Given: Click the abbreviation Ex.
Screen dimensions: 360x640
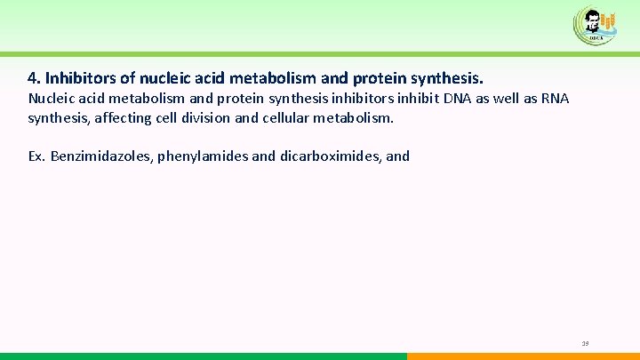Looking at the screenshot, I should pyautogui.click(x=36, y=156).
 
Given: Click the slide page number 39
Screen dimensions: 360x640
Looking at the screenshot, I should pyautogui.click(x=585, y=343).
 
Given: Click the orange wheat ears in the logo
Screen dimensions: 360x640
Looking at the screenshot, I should pyautogui.click(x=608, y=20).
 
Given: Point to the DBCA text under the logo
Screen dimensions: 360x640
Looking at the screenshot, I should pyautogui.click(x=596, y=39).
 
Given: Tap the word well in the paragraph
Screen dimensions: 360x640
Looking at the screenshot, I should pyautogui.click(x=524, y=98).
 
